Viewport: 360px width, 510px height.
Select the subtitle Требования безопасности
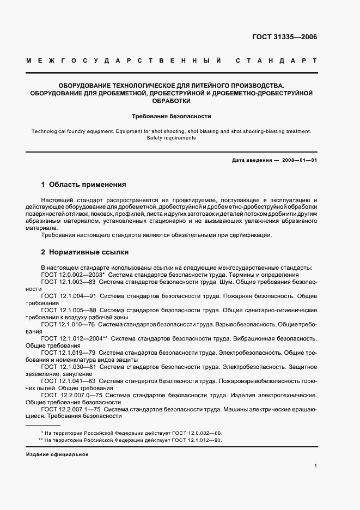172,116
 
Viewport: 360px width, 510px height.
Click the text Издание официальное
57,454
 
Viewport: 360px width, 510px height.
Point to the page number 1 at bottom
315,466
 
